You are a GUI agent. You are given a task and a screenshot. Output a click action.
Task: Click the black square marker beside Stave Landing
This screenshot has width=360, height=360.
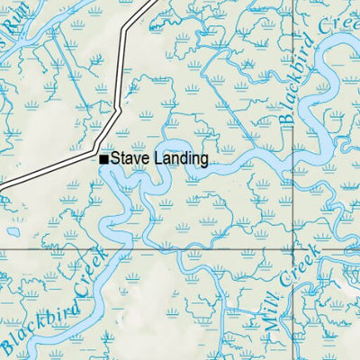tap(104, 159)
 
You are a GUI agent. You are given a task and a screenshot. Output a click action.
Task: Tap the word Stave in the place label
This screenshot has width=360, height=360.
tap(128, 159)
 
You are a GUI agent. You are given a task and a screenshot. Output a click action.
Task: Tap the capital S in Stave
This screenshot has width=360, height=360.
tap(115, 159)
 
